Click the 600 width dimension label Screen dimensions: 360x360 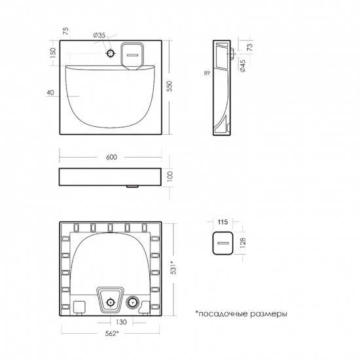click(x=111, y=157)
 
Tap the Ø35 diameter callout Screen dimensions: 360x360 click(x=100, y=35)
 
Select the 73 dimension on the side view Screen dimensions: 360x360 click(x=250, y=48)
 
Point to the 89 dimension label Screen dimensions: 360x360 click(x=206, y=73)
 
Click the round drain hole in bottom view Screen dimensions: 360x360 click(x=133, y=302)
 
